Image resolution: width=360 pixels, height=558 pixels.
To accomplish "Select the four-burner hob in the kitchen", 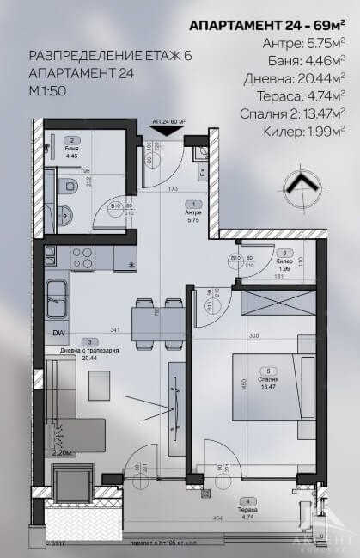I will (82, 257).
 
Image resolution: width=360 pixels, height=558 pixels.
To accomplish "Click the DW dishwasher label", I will (59, 334).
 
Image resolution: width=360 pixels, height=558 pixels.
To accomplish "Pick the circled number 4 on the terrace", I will (249, 500).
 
